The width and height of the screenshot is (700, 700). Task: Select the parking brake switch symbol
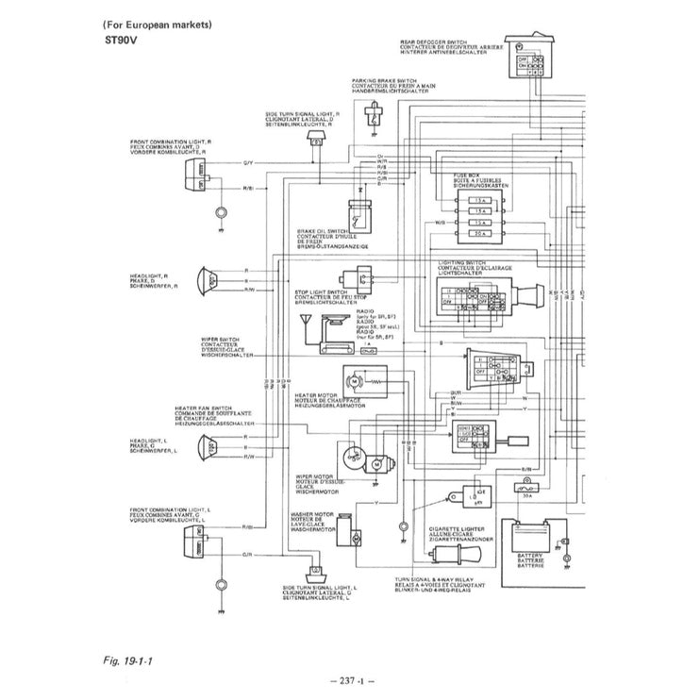click(375, 117)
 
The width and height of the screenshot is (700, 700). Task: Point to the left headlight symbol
click(205, 445)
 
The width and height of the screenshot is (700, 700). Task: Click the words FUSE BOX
click(453, 175)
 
